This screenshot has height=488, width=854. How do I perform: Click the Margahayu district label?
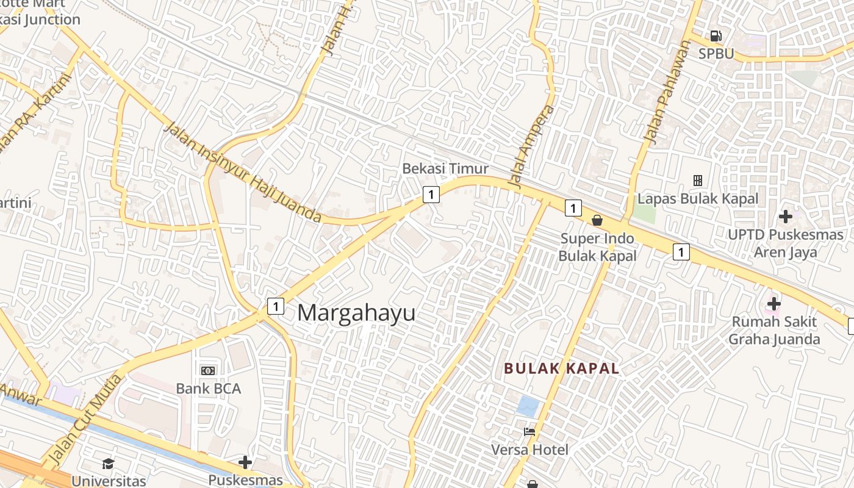[356, 313]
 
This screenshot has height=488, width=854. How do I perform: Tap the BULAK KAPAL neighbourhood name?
[561, 368]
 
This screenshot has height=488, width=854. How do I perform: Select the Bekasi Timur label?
[445, 169]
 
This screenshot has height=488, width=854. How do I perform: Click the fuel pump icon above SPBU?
[716, 36]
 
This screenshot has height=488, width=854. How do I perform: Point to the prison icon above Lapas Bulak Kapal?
[698, 181]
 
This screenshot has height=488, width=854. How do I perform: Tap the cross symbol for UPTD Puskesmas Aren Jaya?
[786, 216]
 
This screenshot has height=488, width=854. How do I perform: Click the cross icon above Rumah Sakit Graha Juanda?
[773, 303]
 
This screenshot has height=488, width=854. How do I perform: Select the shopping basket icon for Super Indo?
[597, 220]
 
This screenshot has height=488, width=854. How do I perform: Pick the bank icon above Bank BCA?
[208, 370]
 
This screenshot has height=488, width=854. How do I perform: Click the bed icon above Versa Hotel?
[529, 432]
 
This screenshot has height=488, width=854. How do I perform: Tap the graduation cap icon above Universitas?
[108, 464]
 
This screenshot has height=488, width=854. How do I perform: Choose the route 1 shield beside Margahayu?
[276, 306]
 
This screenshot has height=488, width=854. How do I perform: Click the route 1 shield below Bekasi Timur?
[431, 195]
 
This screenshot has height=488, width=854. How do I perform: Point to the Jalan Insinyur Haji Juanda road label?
[243, 173]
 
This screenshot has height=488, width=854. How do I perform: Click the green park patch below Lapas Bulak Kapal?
[644, 212]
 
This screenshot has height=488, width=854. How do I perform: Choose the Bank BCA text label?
[208, 389]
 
